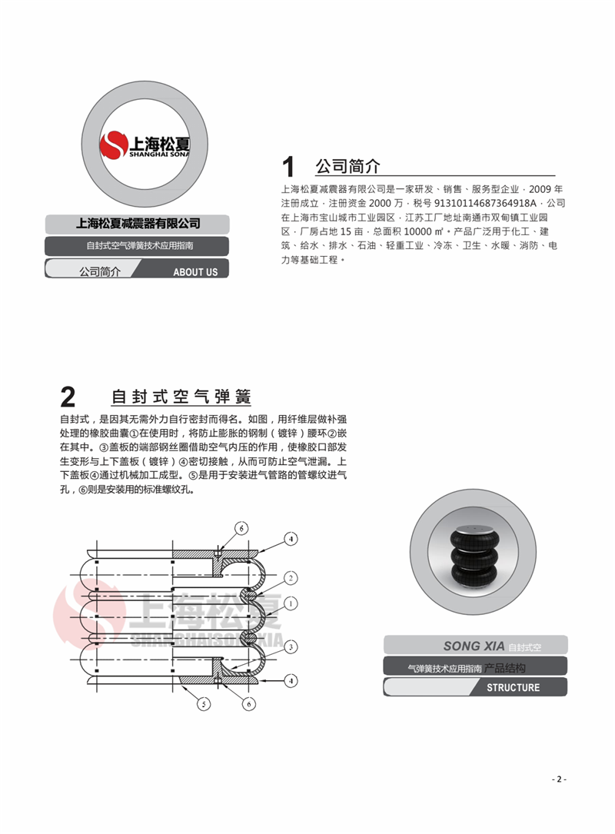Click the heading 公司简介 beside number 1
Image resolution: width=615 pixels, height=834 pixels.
pos(347,166)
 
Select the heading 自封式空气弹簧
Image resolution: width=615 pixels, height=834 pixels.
pos(181,397)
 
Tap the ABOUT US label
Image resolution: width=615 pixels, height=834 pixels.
pos(195,271)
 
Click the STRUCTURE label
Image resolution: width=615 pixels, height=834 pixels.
pos(513,687)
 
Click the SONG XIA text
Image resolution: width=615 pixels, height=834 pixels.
pos(473,646)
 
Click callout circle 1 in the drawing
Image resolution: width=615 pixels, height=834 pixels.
pos(292,601)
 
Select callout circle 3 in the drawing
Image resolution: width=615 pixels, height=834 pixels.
pos(292,647)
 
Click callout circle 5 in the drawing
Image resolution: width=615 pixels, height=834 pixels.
pos(203,703)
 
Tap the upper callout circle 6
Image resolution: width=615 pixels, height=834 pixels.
pos(241,529)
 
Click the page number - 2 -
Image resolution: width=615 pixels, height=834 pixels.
pos(559,779)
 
